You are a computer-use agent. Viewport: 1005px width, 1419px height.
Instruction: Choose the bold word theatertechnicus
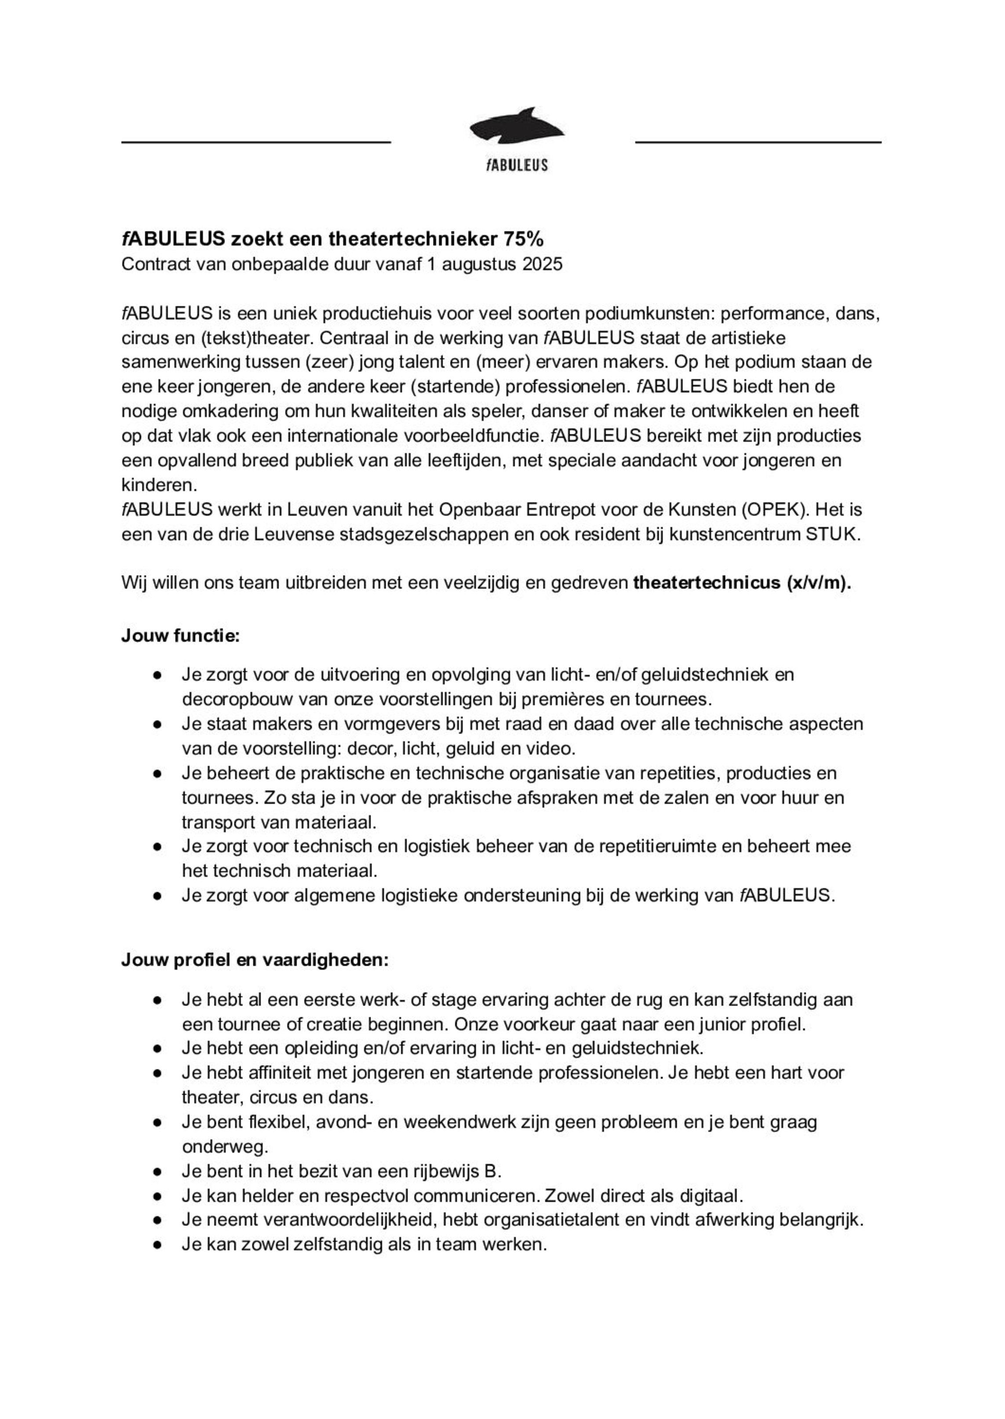tap(707, 583)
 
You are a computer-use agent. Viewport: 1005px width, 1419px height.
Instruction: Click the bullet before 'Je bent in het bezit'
tap(158, 1172)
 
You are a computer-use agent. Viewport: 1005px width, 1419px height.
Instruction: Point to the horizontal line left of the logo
tap(255, 142)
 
